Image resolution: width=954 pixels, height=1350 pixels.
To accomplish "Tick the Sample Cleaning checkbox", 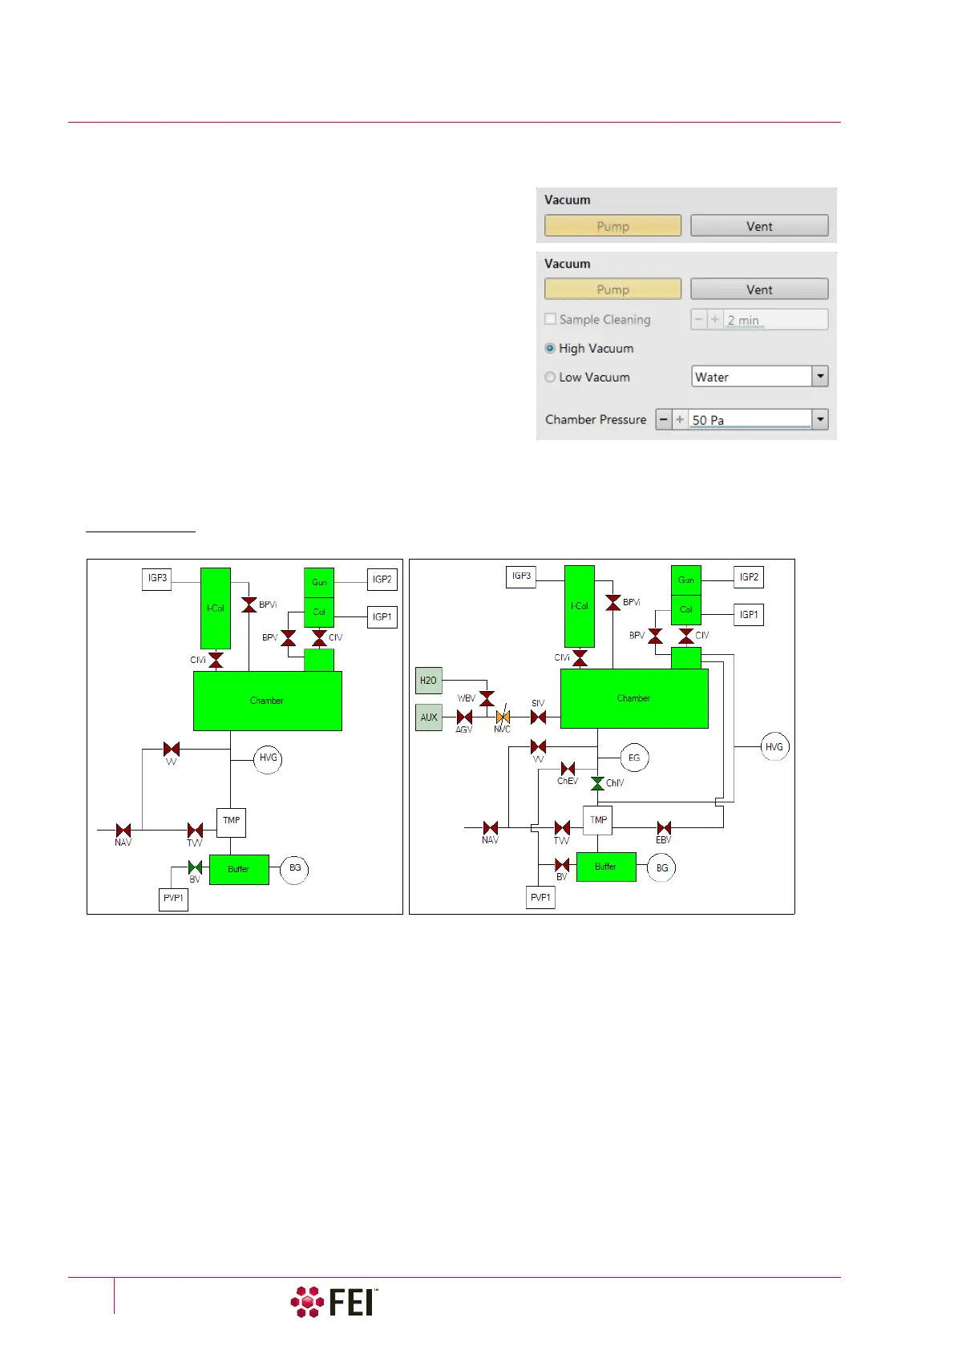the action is (x=551, y=319).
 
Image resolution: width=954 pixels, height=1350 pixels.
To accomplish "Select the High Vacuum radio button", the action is (x=550, y=349).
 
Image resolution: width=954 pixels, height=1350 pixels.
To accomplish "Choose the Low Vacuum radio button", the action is (x=550, y=378).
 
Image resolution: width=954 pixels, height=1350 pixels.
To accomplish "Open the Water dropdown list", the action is (x=819, y=376).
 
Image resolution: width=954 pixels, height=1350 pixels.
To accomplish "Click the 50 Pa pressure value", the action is (x=749, y=420).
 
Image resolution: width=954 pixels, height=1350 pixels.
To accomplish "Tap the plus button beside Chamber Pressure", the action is (x=680, y=419).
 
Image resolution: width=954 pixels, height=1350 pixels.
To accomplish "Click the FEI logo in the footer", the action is (x=334, y=1302).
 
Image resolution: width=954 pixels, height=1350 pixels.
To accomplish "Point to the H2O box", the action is (x=429, y=681).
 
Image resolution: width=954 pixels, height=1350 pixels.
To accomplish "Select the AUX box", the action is (x=429, y=717).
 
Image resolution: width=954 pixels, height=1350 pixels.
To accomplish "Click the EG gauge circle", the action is (x=634, y=758).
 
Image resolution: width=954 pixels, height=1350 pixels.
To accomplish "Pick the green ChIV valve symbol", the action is (x=597, y=783).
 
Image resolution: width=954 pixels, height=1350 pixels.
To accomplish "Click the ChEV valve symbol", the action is (x=568, y=769).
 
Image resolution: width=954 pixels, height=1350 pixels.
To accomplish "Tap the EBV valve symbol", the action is (x=664, y=828).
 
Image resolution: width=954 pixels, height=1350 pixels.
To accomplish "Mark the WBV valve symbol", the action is (x=487, y=698).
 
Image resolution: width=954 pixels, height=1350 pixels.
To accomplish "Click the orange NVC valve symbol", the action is (x=503, y=717).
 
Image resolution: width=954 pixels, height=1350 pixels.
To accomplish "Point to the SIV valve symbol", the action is (x=539, y=717).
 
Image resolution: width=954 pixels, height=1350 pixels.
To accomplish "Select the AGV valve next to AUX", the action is (x=464, y=717).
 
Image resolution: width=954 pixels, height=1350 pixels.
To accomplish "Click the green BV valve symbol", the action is (x=195, y=867).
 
